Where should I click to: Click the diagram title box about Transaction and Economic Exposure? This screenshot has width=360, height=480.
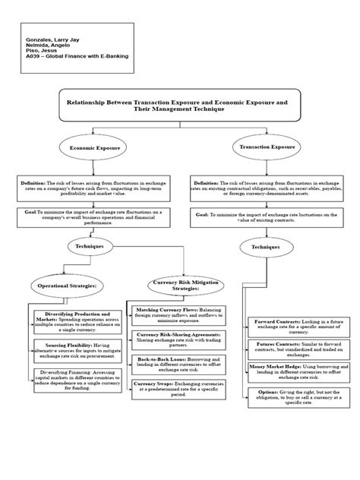click(x=179, y=103)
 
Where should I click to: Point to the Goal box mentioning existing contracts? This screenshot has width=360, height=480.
click(x=267, y=218)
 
